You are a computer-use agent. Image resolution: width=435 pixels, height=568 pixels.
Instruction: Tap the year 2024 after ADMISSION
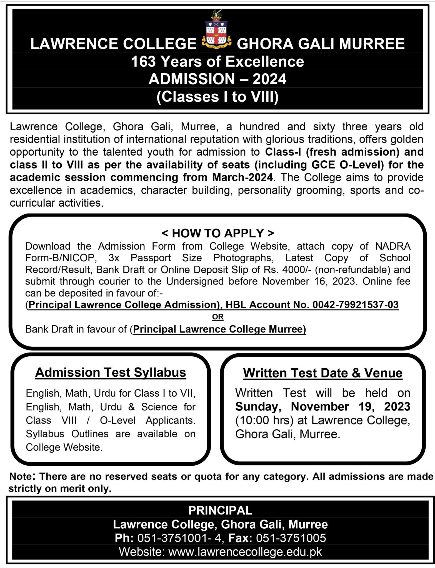click(x=269, y=79)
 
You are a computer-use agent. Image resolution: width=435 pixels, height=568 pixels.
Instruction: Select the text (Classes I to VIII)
click(x=217, y=97)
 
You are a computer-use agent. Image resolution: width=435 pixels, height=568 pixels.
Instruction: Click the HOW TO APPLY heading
click(x=217, y=233)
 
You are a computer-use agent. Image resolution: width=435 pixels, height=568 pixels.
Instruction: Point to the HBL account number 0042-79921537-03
click(x=355, y=305)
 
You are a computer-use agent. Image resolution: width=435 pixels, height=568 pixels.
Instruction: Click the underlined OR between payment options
click(x=217, y=317)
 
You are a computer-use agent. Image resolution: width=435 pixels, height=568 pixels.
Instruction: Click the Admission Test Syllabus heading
click(x=111, y=372)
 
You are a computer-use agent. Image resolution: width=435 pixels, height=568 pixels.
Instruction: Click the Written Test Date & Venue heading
click(x=322, y=373)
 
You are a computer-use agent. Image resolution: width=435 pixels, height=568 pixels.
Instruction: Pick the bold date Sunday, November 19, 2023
click(x=322, y=407)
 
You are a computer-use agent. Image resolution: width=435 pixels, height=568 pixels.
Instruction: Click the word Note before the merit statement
click(x=21, y=476)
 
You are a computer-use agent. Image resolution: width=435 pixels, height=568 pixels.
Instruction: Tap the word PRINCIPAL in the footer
click(x=220, y=510)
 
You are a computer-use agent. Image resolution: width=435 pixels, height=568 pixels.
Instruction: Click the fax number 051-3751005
click(x=291, y=538)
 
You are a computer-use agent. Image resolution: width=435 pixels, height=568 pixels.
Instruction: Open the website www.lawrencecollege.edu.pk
click(x=245, y=552)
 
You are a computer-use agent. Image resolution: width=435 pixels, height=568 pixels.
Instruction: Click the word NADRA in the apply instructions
click(x=392, y=246)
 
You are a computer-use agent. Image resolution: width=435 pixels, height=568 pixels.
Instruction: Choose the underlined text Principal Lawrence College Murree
click(x=219, y=329)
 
